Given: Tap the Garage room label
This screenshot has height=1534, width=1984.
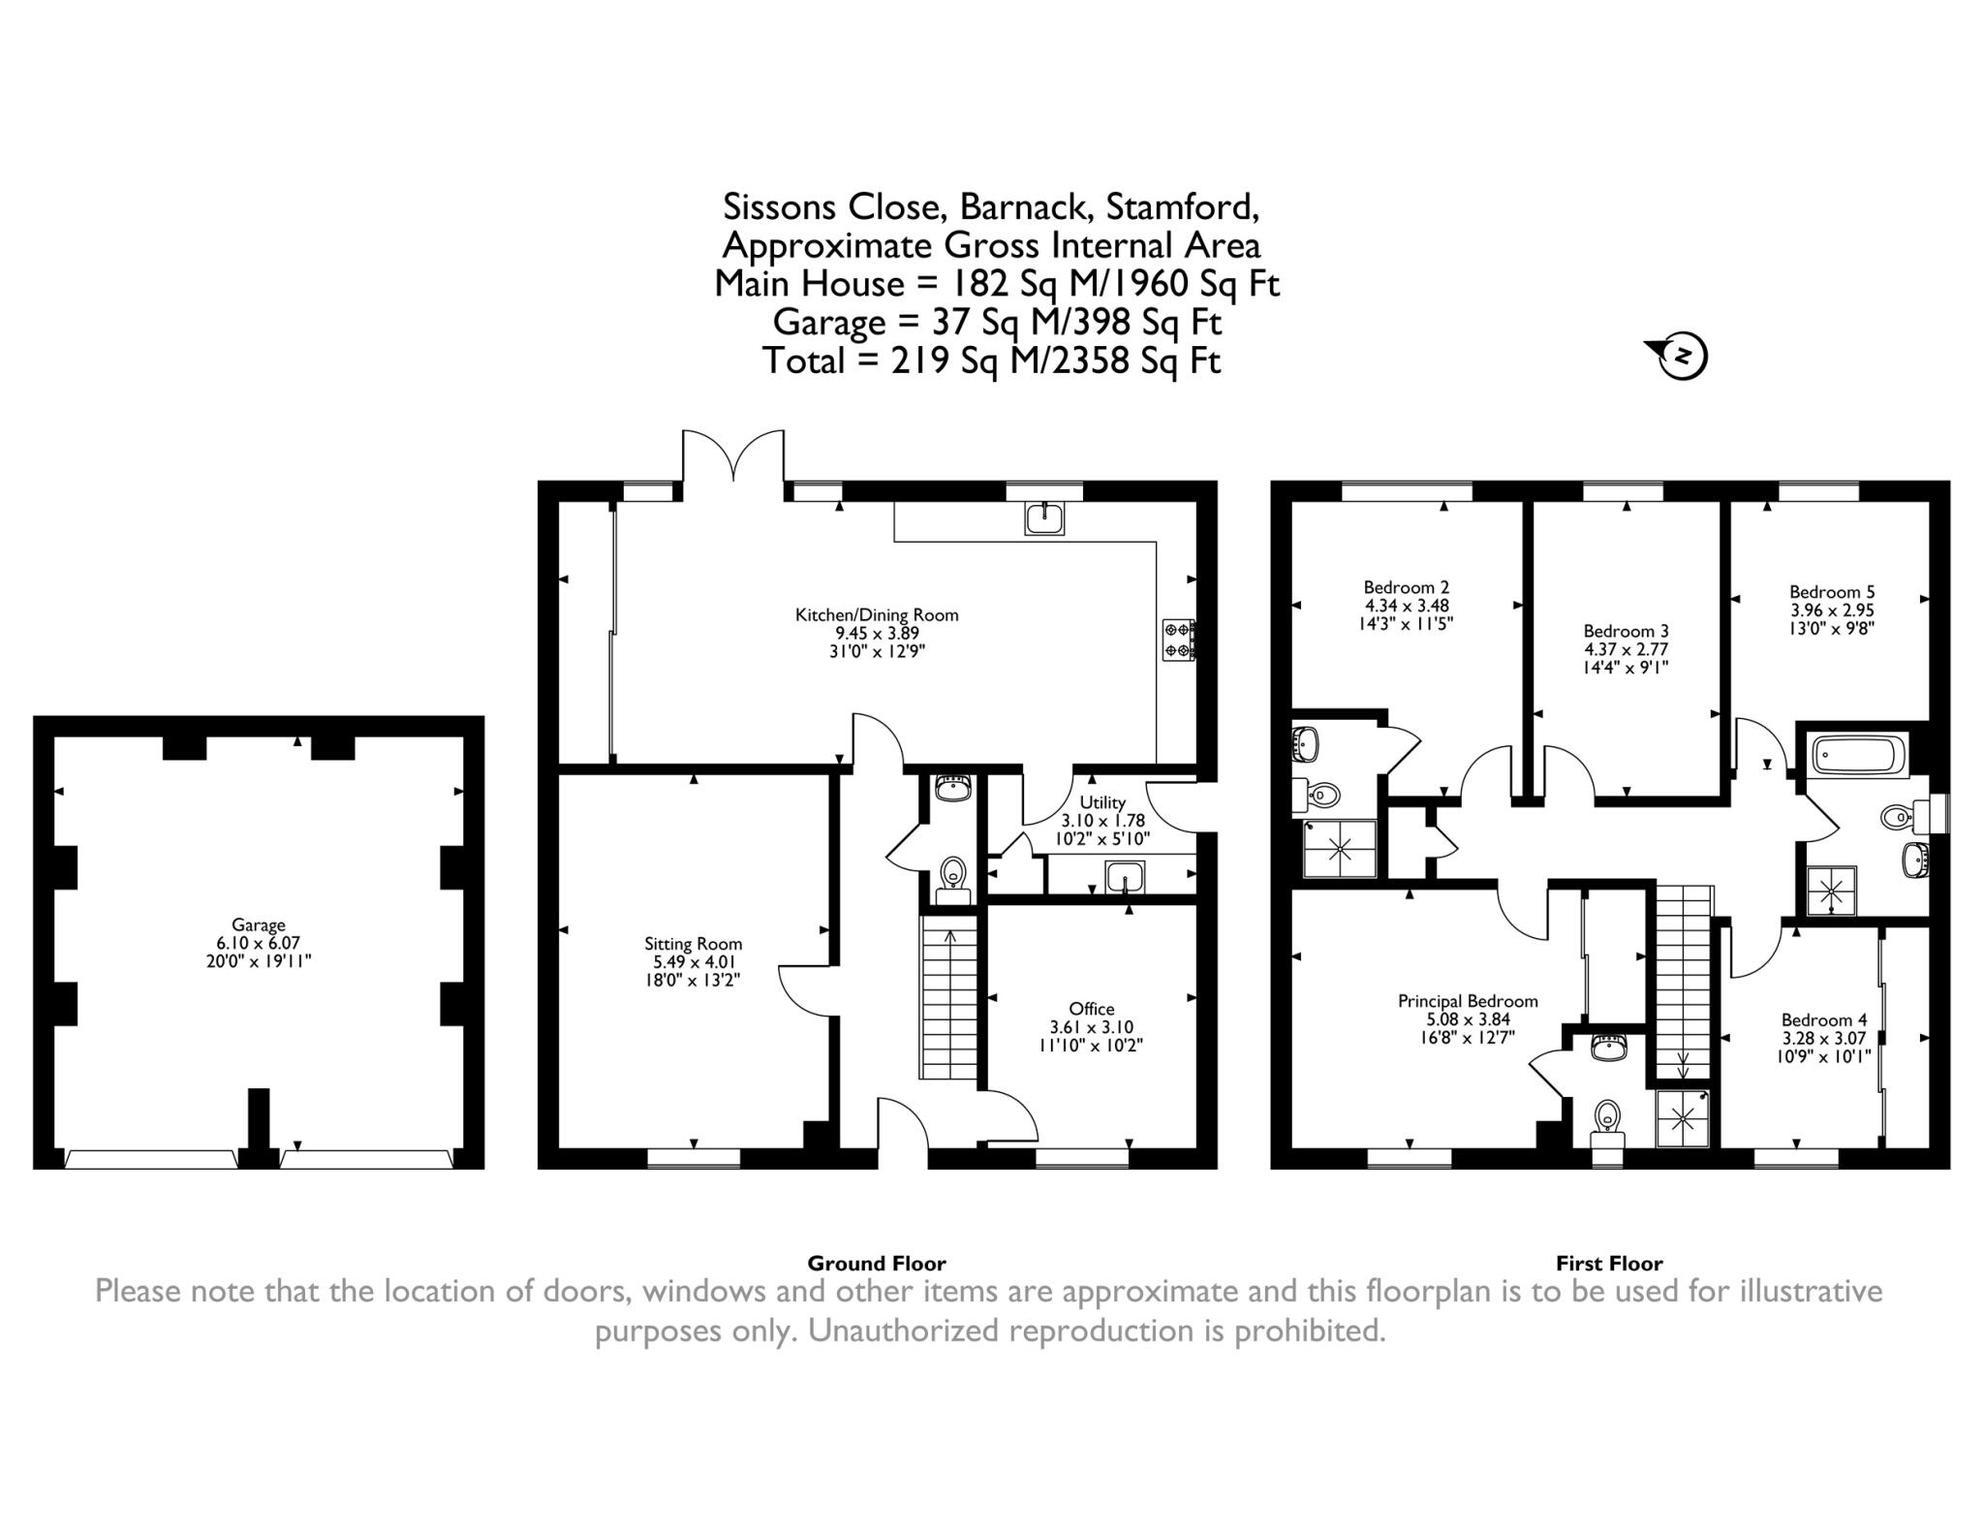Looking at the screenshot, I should click(258, 924).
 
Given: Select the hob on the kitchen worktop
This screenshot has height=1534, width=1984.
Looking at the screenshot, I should click(1178, 640).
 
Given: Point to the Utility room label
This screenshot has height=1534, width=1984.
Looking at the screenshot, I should click(1102, 802).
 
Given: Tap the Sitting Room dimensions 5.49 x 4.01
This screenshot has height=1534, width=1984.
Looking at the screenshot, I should click(693, 961).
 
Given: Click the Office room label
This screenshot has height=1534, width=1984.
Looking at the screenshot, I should click(1092, 1009).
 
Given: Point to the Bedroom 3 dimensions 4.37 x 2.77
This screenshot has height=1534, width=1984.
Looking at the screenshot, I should click(1626, 649).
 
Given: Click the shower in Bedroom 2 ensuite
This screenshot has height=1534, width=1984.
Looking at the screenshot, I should click(1341, 848).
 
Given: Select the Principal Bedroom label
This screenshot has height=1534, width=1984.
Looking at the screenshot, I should click(1468, 1001).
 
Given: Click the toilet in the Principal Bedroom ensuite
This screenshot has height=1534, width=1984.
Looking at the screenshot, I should click(1607, 1115).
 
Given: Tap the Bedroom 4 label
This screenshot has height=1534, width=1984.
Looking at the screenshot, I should click(1824, 1019).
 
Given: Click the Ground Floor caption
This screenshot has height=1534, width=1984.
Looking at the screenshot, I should click(876, 1264).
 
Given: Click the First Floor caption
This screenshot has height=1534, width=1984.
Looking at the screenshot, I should click(1609, 1264).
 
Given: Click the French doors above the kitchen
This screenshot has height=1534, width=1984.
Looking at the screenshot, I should click(733, 455).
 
